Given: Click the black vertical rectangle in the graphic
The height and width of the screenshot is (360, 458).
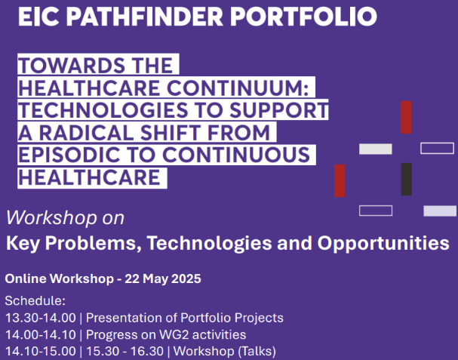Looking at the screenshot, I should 406,179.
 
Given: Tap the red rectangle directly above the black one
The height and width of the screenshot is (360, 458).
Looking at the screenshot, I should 406,117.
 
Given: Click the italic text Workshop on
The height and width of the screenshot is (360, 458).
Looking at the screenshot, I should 65,219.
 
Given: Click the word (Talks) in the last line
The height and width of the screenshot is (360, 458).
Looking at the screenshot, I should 257,351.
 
